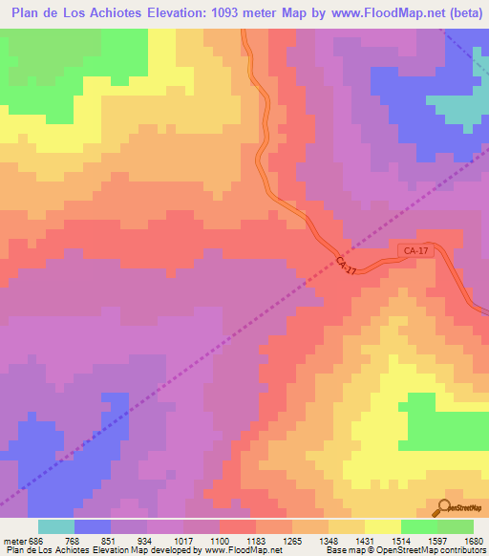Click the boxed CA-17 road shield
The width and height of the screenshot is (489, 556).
click(415, 251)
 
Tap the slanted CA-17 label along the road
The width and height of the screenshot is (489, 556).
click(346, 266)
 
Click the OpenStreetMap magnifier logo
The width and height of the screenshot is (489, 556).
click(445, 506)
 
